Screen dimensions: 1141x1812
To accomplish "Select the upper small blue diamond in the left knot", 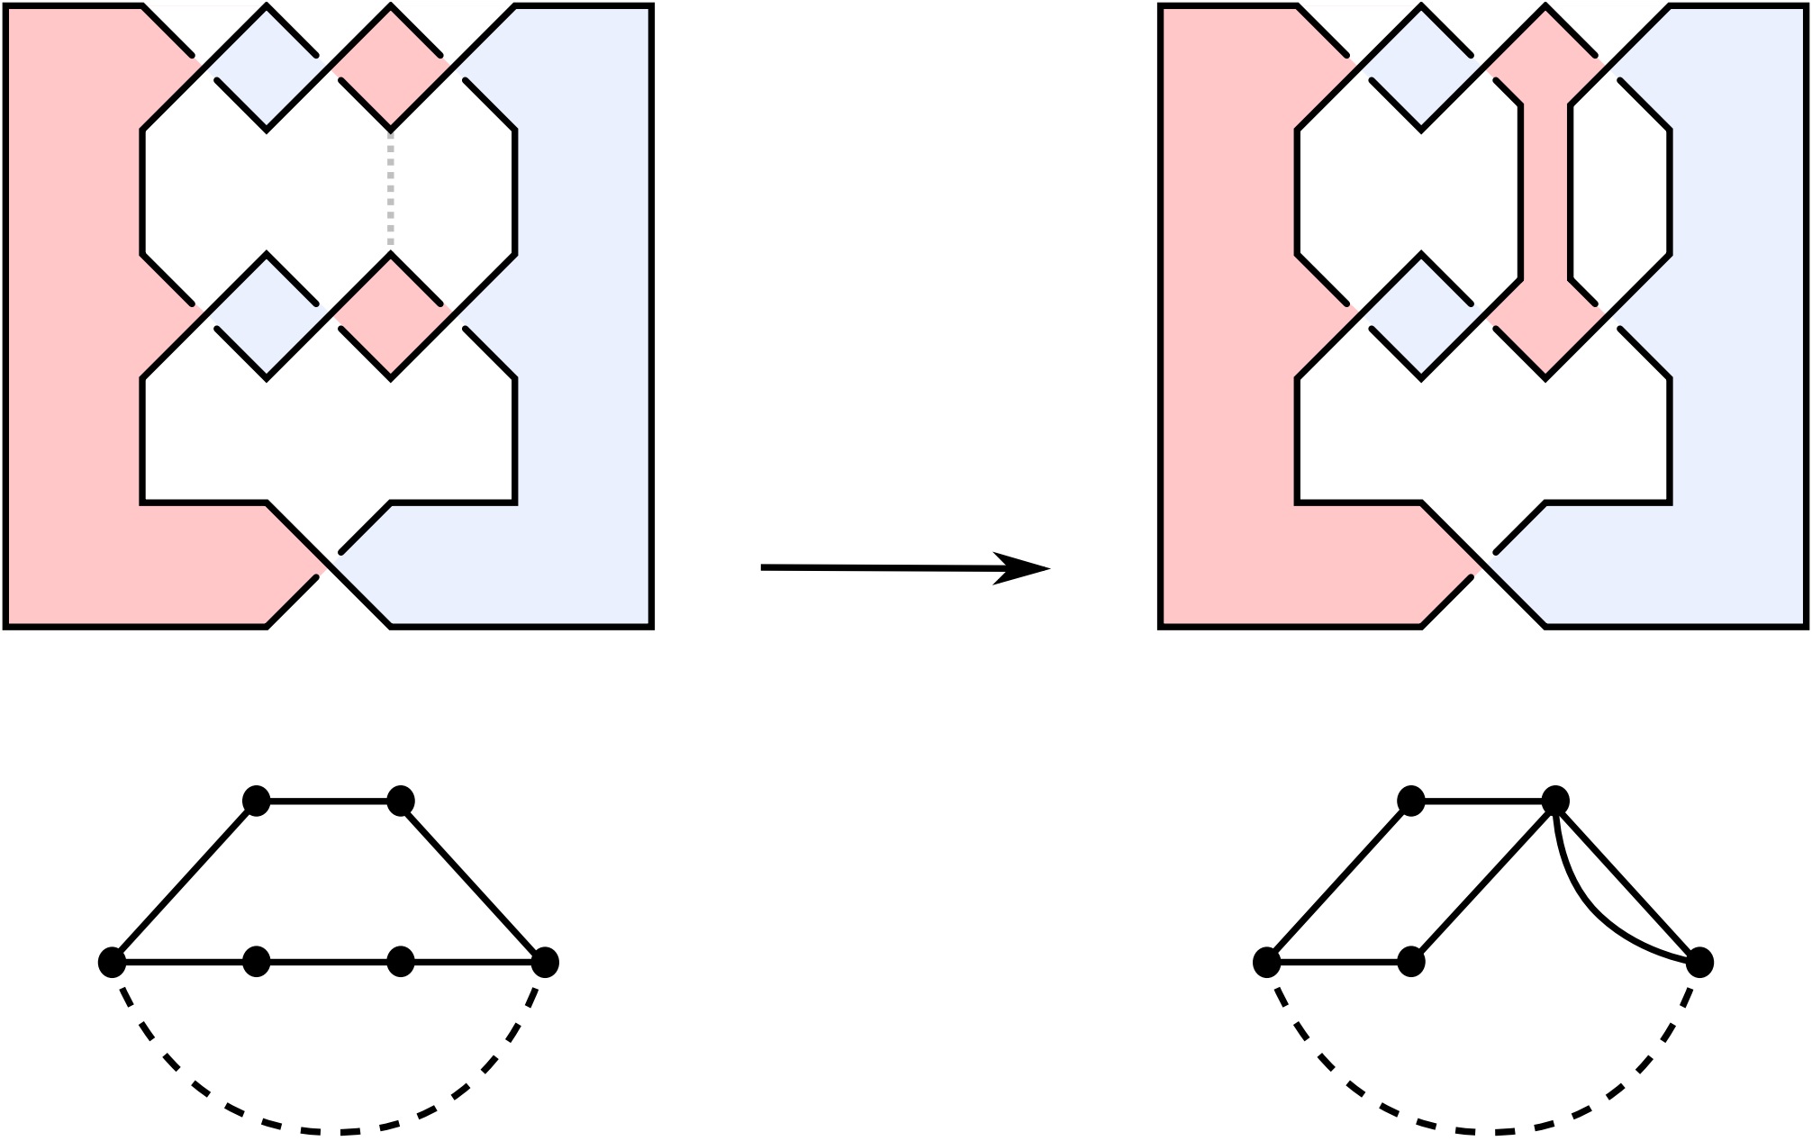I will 267,68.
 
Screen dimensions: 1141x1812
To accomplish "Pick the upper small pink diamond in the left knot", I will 390,68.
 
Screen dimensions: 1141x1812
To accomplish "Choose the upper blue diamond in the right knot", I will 1421,68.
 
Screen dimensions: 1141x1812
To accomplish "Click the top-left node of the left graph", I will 257,800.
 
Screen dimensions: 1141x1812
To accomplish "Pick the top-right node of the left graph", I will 401,800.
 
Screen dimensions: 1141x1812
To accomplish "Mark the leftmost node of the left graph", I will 112,962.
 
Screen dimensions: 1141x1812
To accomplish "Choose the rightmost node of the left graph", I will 545,962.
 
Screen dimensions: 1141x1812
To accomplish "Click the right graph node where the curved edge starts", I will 1555,800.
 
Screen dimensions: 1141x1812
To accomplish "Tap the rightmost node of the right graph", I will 1699,962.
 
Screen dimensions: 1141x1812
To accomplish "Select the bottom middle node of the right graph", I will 1411,962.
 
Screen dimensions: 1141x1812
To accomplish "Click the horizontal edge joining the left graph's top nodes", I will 329,800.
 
